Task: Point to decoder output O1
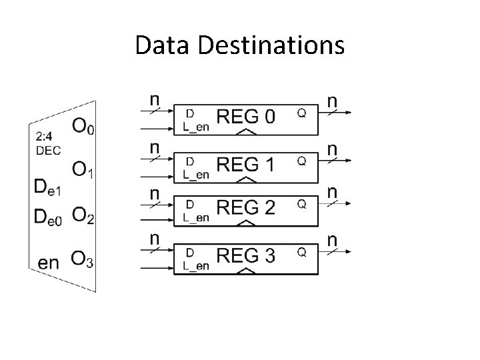(83, 171)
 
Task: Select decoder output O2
(83, 215)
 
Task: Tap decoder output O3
(82, 261)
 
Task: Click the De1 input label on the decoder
(47, 189)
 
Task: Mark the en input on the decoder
(49, 262)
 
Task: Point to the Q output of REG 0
(301, 114)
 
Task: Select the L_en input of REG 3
(196, 265)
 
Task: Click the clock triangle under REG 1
(247, 179)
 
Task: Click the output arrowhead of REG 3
(349, 251)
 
